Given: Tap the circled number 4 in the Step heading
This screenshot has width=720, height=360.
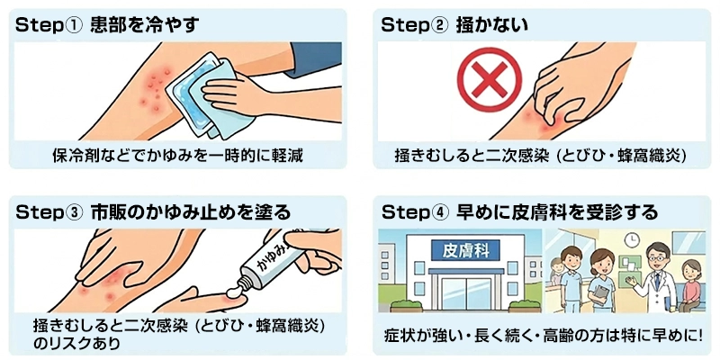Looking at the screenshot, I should coord(438,213).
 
